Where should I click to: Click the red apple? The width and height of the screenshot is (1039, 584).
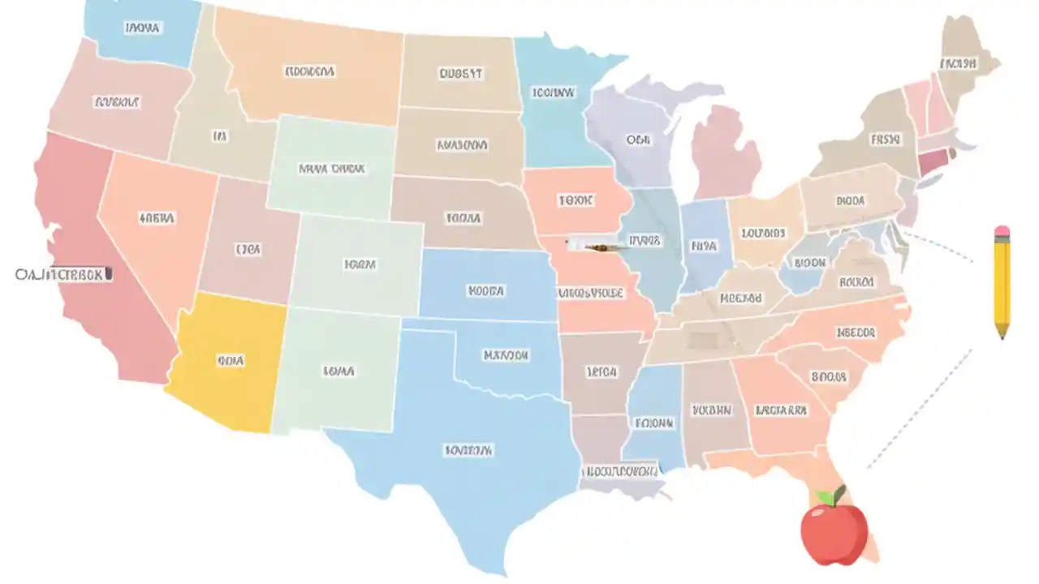pos(834,530)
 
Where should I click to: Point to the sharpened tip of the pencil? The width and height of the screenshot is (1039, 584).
pos(1002,334)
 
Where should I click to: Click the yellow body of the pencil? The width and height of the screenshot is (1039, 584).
pos(1002,280)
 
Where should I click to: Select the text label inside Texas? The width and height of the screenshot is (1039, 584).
pos(468,449)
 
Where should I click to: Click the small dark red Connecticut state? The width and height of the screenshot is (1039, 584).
pos(933,161)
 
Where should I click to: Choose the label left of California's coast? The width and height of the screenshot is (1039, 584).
pos(63,275)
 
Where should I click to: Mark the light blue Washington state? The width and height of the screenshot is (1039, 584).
pos(142,28)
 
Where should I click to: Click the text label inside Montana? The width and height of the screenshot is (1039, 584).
pos(309,71)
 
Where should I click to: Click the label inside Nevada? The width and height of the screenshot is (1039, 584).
pos(156,218)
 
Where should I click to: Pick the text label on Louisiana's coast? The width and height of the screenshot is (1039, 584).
pos(621,470)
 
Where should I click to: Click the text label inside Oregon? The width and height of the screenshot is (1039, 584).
pos(117,102)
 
